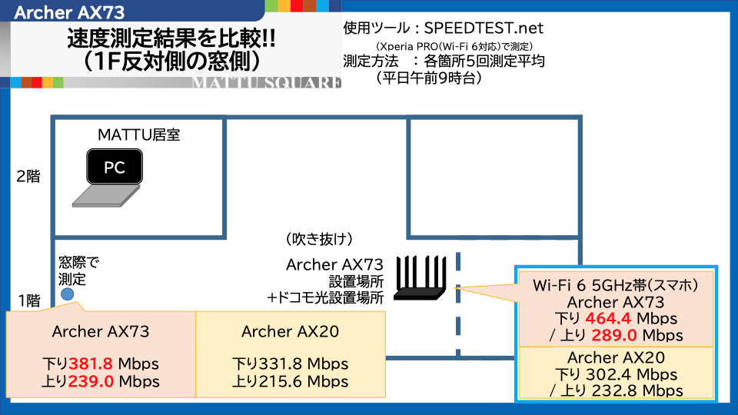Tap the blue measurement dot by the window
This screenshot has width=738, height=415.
pos(68,294)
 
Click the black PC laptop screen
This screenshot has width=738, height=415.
pos(114,168)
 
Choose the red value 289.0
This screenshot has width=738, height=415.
pos(613,335)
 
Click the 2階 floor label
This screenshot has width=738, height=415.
pos(28,176)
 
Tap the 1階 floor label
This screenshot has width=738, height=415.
pos(28,300)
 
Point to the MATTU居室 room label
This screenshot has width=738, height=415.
pos(139,135)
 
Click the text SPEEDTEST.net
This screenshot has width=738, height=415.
pos(484,28)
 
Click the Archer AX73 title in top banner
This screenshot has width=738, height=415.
pos(69,12)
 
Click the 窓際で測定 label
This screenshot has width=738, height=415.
pos(79,271)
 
